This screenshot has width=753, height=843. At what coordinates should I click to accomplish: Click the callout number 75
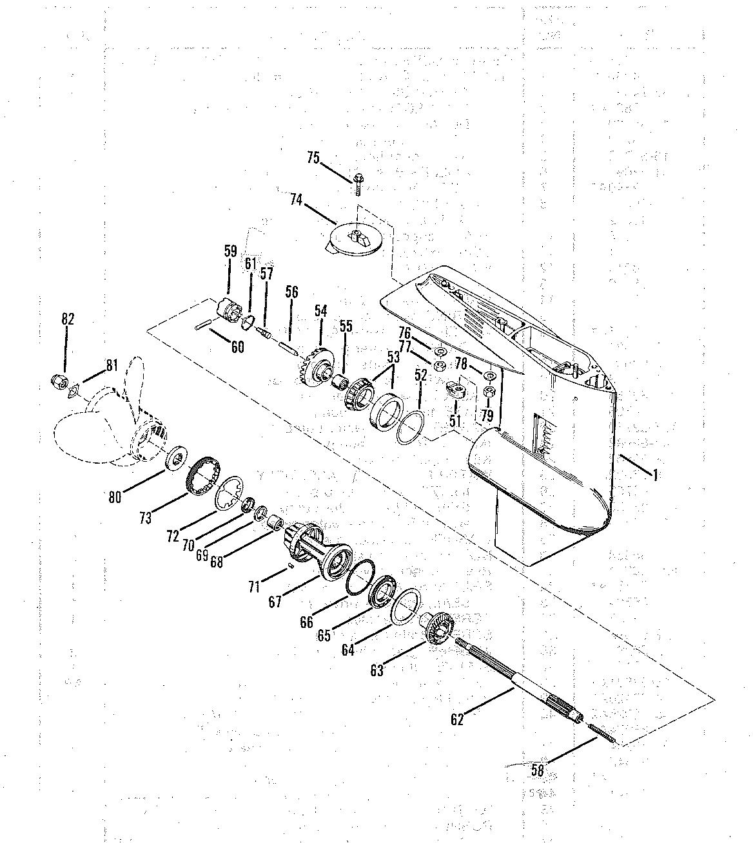(313, 158)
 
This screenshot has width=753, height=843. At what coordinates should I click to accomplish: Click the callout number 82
(68, 319)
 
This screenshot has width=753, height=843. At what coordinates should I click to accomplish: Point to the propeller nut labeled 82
(59, 382)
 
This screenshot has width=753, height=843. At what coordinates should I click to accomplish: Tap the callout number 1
(655, 475)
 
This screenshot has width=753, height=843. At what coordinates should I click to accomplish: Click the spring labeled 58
(603, 734)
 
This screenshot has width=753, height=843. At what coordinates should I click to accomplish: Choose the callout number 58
(537, 770)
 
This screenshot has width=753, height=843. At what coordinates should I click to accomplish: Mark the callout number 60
(237, 347)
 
